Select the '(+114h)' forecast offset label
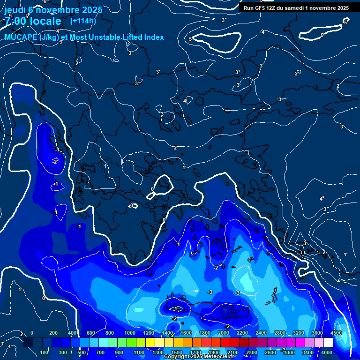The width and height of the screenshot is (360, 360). click(x=82, y=21)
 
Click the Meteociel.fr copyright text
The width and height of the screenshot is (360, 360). click(x=199, y=357)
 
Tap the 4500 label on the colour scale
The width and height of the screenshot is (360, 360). click(x=336, y=333)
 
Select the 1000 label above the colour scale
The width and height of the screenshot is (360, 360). click(x=130, y=333)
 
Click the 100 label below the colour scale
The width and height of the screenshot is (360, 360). click(x=45, y=352)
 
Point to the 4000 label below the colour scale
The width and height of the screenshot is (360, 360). click(x=327, y=352)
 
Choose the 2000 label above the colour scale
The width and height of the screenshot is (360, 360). click(x=224, y=333)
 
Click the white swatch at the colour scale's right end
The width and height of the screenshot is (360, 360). click(x=328, y=343)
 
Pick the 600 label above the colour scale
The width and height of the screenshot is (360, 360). click(x=91, y=333)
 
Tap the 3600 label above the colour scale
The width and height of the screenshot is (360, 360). click(x=317, y=333)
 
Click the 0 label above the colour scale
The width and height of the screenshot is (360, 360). click(x=32, y=333)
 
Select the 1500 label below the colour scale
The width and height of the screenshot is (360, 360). click(x=177, y=352)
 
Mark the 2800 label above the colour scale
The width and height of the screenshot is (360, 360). click(x=280, y=333)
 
